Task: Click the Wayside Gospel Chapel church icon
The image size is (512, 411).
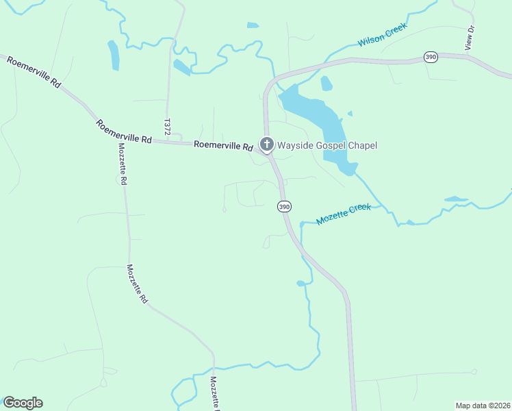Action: point(266,145)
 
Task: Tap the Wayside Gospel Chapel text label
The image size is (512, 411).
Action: point(327,145)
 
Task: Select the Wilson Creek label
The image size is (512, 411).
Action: point(382,34)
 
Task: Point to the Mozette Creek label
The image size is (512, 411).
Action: point(343,214)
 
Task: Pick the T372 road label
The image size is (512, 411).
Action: point(166,127)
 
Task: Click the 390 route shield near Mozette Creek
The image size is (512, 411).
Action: point(284,206)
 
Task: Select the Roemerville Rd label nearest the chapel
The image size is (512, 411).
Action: point(224,145)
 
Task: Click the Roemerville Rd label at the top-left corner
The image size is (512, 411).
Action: point(34,71)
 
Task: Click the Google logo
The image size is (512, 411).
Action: point(23,403)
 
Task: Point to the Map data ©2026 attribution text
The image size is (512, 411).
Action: point(483,405)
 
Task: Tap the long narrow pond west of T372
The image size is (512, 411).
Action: point(114,55)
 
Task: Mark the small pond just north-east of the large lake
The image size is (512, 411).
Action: point(327,83)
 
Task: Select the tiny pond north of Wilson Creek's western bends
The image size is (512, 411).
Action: point(253,25)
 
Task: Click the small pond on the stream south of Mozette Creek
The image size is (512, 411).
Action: point(300,283)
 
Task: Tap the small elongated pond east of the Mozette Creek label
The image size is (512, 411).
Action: point(456,199)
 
